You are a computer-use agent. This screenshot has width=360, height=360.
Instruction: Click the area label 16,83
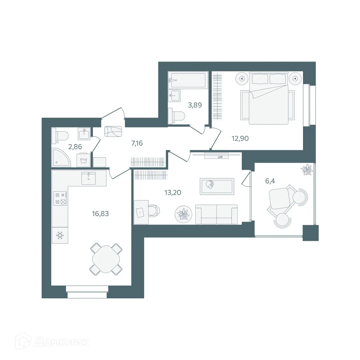[x=101, y=214]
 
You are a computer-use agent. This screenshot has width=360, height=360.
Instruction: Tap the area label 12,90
[x=240, y=138]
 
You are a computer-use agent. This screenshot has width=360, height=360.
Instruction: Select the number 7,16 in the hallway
[x=137, y=143]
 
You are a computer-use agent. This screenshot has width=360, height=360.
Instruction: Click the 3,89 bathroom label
[x=195, y=105]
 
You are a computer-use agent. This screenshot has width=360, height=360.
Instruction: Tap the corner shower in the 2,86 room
[x=61, y=158]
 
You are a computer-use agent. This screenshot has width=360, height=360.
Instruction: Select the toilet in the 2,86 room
[x=61, y=135]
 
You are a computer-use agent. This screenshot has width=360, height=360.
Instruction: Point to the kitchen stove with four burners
[x=60, y=198]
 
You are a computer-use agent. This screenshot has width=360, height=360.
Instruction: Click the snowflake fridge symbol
[x=60, y=236]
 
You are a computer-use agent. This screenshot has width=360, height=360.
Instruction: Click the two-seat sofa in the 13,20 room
[x=217, y=214]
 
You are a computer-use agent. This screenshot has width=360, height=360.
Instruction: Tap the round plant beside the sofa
[x=184, y=214]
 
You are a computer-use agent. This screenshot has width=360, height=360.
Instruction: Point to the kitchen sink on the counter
[x=88, y=178]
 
